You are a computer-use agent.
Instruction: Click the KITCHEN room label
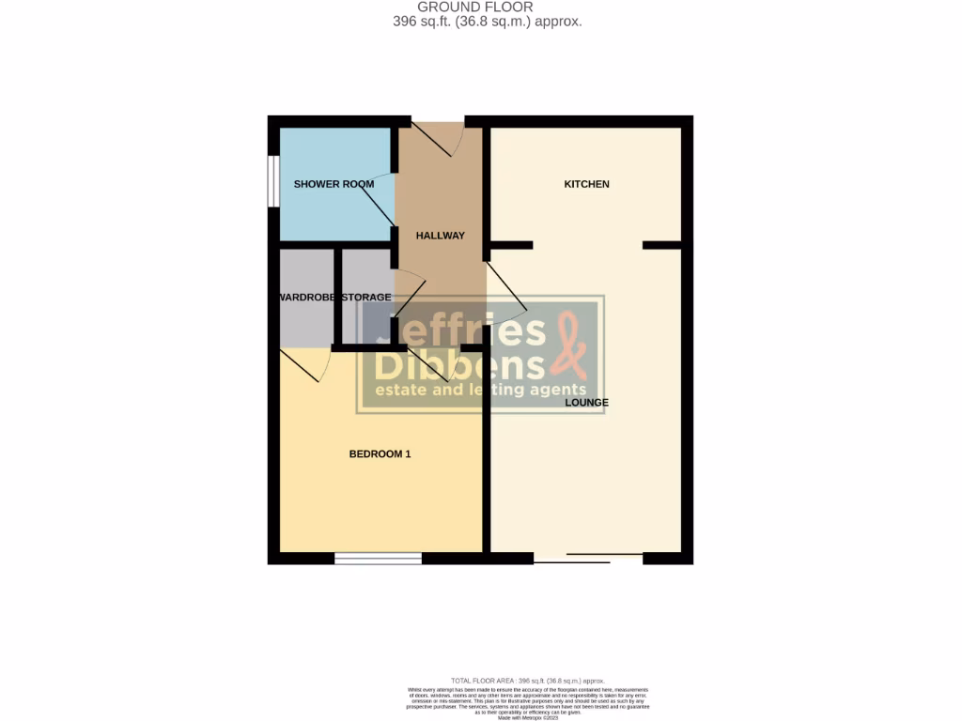click(586, 184)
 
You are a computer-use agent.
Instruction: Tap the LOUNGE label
click(586, 403)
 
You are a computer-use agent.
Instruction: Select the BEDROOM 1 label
click(380, 454)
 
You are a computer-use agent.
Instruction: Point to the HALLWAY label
click(441, 236)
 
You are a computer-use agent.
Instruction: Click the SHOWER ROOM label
click(334, 184)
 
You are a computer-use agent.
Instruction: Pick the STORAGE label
click(365, 298)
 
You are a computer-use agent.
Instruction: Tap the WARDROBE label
click(306, 298)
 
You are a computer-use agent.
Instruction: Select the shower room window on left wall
click(272, 180)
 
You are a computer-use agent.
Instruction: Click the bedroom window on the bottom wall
click(378, 559)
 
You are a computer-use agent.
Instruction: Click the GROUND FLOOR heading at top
click(488, 7)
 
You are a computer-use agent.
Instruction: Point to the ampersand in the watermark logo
click(571, 345)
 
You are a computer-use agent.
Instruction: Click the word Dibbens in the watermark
click(460, 363)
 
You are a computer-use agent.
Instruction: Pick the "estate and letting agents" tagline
click(480, 391)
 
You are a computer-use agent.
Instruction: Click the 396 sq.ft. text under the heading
click(487, 21)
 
